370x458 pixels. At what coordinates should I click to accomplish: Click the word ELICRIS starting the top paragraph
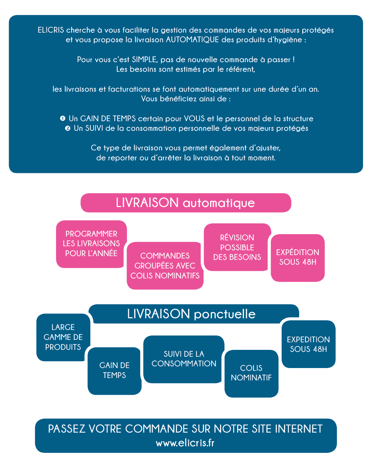coord(51,30)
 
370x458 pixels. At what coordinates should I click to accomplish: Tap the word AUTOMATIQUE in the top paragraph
coord(192,40)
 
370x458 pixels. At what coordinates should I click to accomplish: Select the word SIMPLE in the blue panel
coord(145,60)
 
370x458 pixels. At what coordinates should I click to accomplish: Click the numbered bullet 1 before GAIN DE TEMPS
coord(63,118)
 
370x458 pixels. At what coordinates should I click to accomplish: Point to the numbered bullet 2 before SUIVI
coord(67,128)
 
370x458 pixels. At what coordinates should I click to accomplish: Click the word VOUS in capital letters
coord(194,118)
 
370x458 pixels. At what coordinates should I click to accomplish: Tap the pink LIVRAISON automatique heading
coord(186,203)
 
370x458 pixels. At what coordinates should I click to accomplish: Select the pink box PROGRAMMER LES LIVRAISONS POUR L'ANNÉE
coord(91,244)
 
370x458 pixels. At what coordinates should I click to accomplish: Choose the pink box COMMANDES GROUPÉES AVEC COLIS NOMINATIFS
coord(165,266)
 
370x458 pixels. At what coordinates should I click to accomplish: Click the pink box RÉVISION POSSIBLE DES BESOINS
coord(237,247)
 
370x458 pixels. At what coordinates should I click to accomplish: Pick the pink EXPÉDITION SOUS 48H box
coord(298,258)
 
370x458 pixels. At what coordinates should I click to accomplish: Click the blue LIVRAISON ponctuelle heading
coord(192,314)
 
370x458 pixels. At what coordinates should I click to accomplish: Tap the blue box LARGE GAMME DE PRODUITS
coord(63,337)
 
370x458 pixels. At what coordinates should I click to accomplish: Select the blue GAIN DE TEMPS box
coord(115,371)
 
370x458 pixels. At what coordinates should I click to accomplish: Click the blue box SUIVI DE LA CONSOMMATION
coord(184,359)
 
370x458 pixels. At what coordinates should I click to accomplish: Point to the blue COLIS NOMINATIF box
coord(251,374)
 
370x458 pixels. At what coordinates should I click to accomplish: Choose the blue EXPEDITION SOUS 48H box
coord(308,344)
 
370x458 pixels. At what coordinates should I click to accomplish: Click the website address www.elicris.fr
coord(185,443)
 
